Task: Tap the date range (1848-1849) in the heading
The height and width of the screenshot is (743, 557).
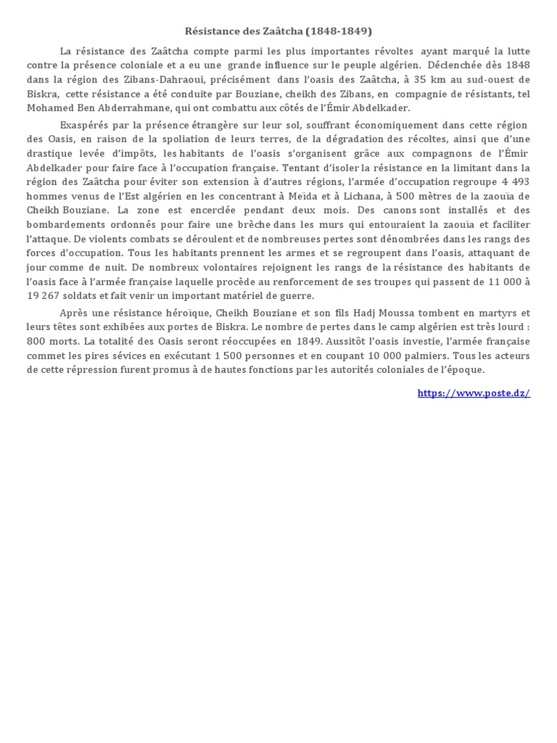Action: coord(338,31)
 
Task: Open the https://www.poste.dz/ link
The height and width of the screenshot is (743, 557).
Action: coord(474,393)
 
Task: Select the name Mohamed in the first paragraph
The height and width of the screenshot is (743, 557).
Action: coord(50,108)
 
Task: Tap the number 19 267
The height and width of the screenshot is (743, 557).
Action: coord(45,295)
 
